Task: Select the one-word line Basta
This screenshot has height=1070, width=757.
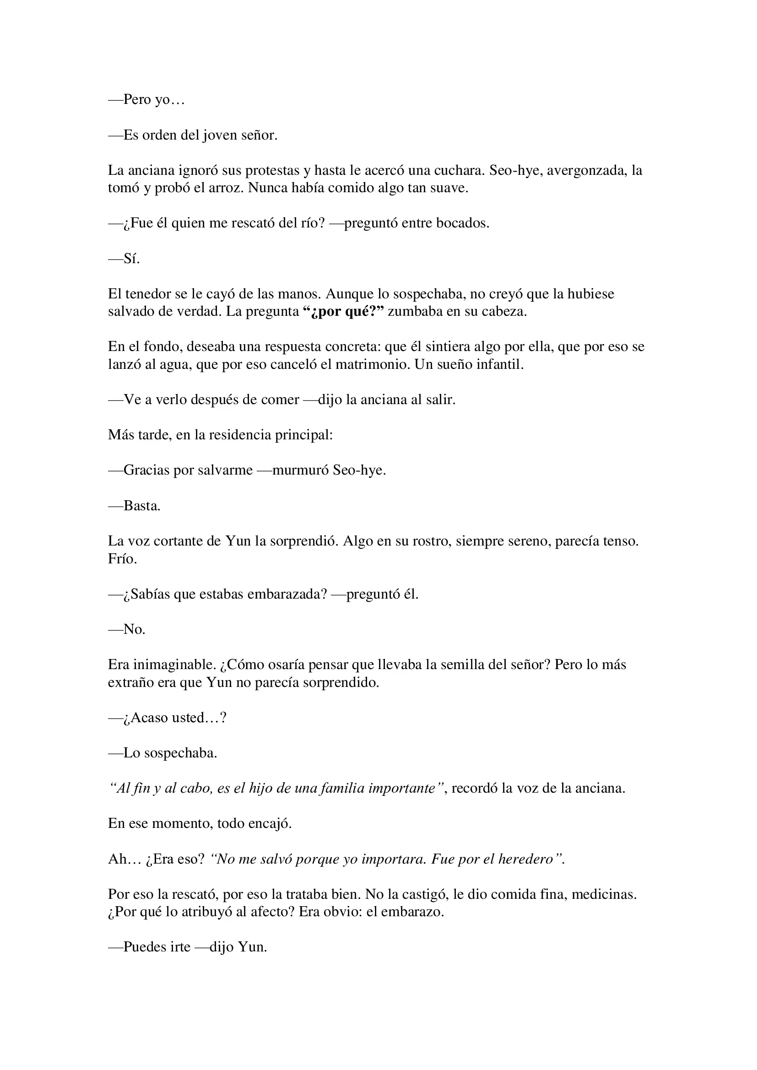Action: tap(142, 506)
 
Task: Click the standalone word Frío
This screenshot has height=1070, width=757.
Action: tap(123, 559)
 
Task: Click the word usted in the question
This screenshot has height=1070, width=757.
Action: tap(189, 718)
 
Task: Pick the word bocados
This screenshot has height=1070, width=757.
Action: tap(462, 224)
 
